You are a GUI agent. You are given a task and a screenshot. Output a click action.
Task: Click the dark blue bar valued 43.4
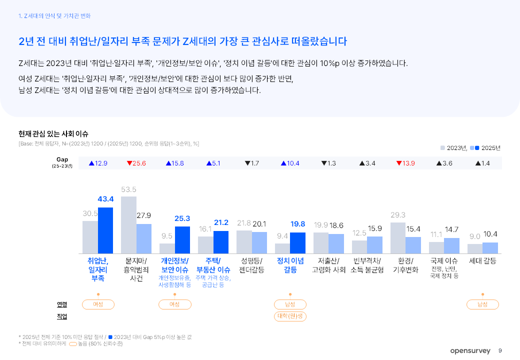pos(105,230)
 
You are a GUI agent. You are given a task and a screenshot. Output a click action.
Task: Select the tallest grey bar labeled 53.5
pos(128,224)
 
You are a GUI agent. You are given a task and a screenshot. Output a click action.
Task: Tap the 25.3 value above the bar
pos(182,218)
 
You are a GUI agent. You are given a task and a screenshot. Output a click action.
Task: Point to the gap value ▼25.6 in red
pos(136,163)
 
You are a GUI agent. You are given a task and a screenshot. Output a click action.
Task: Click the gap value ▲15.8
pos(175,163)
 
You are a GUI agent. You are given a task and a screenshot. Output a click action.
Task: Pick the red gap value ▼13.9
pos(405,163)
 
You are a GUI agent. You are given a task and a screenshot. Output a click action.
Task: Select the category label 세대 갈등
pos(482,261)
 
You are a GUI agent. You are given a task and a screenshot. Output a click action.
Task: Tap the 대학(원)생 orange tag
pos(290,316)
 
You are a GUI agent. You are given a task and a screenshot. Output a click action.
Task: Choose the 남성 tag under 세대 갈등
pos(482,304)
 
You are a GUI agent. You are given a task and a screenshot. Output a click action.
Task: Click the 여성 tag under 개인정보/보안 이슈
pos(174,304)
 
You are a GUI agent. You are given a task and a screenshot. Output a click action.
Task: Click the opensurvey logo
pos(470,351)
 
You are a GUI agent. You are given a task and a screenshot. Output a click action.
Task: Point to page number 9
pos(500,351)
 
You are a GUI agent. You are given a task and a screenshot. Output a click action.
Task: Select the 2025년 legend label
pos(490,148)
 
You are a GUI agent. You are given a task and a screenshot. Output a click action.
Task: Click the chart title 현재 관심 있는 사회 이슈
pos(53,134)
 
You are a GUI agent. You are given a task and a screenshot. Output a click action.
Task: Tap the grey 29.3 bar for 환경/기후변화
pos(397,238)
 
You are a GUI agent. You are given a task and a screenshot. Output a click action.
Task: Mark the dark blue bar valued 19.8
pos(297,243)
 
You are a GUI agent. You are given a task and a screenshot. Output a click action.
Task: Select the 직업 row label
pos(62,316)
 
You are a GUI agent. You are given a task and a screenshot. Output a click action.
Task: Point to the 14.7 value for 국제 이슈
pos(451,229)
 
